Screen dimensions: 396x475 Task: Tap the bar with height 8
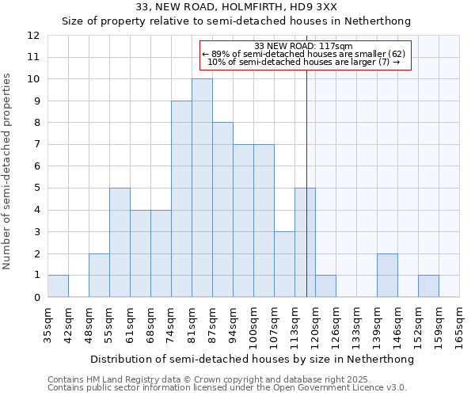click(222, 210)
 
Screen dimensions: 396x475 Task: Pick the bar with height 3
click(284, 265)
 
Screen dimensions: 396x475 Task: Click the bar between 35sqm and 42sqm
click(58, 286)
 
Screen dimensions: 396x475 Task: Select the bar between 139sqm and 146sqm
click(387, 276)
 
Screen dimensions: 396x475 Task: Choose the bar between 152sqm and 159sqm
click(428, 286)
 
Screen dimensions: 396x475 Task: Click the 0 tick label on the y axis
click(36, 298)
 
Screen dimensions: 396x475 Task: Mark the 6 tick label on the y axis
click(36, 166)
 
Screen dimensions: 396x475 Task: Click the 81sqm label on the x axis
click(192, 325)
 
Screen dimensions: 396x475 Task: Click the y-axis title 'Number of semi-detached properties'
click(8, 171)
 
